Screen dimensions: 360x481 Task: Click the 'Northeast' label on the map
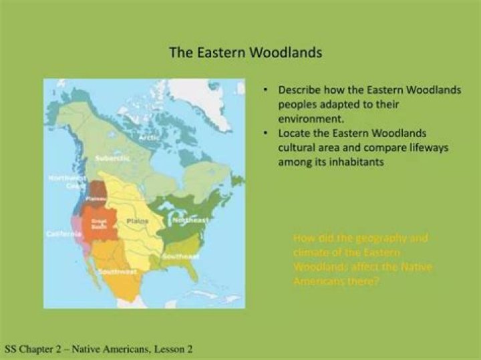191,220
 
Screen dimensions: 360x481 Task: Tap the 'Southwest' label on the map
118,272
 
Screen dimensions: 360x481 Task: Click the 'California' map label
64,234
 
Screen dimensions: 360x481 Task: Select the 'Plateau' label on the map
98,198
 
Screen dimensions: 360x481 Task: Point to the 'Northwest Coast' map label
63,182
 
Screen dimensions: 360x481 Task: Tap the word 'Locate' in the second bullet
295,132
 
